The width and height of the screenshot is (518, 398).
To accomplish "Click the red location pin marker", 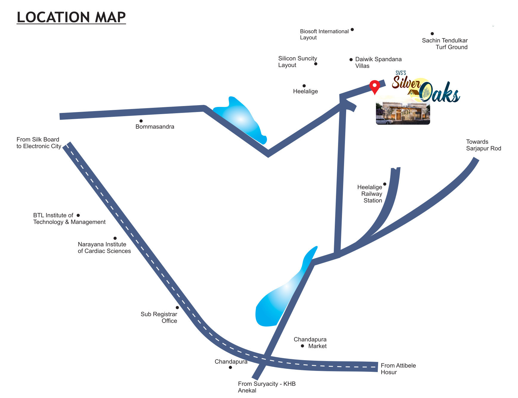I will [x=374, y=86].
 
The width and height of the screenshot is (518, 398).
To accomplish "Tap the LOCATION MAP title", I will [x=71, y=17].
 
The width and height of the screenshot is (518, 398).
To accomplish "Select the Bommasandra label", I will [x=155, y=127].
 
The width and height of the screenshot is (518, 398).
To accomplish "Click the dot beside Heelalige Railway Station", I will [x=385, y=184].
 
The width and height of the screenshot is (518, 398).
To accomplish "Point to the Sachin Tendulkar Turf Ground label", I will [x=445, y=43].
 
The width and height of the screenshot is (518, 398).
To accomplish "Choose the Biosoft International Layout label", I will [x=324, y=34].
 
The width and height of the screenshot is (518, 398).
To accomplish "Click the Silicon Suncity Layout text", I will [x=297, y=62].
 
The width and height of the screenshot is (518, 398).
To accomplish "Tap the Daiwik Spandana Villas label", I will [x=378, y=63].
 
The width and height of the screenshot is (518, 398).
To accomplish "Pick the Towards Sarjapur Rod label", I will [x=483, y=145].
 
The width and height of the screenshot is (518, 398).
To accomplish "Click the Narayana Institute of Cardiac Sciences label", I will [x=104, y=248].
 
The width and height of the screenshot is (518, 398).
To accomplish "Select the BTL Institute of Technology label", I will [x=69, y=219].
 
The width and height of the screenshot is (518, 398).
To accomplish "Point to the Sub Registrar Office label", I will [x=159, y=317].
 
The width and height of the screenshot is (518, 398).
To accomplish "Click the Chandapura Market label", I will [x=310, y=343].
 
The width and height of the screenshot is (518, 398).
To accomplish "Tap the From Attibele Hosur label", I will [x=398, y=369].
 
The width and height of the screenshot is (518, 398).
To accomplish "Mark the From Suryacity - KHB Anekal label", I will [x=266, y=387].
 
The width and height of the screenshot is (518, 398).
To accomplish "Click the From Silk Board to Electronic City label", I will [x=39, y=143].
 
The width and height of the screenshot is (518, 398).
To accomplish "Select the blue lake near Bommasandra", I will [x=240, y=119].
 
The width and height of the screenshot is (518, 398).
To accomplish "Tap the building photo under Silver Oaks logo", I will [x=403, y=113].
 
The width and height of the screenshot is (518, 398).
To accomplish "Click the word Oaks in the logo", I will [x=440, y=93].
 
